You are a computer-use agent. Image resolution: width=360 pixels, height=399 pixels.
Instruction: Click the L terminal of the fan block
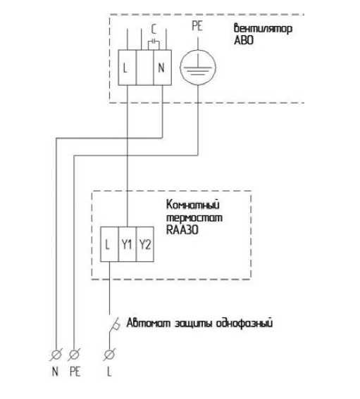pyautogui.click(x=128, y=68)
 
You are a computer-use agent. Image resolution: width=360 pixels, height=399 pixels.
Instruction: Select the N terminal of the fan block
pyautogui.click(x=162, y=68)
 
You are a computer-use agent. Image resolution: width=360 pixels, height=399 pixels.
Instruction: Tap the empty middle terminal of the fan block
pyautogui.click(x=145, y=68)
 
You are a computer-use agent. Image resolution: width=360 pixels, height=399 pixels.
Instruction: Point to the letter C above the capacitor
pyautogui.click(x=154, y=29)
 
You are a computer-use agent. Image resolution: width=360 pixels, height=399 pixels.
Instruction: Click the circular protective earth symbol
pyautogui.click(x=198, y=68)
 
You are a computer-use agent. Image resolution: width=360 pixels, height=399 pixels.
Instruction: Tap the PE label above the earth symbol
pyautogui.click(x=197, y=26)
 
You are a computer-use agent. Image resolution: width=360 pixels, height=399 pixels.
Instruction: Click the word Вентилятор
pyautogui.click(x=263, y=28)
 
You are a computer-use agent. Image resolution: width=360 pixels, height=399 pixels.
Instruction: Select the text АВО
pyautogui.click(x=244, y=40)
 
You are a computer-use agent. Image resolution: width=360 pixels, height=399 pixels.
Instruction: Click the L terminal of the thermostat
pyautogui.click(x=109, y=244)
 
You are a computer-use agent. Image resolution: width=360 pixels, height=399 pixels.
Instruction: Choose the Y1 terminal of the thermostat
pyautogui.click(x=127, y=244)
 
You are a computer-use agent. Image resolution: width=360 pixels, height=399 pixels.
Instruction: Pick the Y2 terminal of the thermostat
pyautogui.click(x=145, y=244)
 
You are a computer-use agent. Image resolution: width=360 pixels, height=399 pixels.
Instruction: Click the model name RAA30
pyautogui.click(x=182, y=230)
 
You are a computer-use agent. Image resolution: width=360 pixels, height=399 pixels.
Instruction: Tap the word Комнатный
pyautogui.click(x=192, y=205)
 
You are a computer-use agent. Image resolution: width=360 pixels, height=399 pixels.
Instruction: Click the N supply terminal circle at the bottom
pyautogui.click(x=56, y=354)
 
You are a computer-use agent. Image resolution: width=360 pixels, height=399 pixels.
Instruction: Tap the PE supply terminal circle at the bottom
pyautogui.click(x=74, y=354)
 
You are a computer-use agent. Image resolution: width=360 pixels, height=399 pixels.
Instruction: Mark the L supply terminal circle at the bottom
pyautogui.click(x=109, y=354)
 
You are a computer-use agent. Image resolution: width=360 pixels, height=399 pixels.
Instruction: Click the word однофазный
pyautogui.click(x=244, y=323)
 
